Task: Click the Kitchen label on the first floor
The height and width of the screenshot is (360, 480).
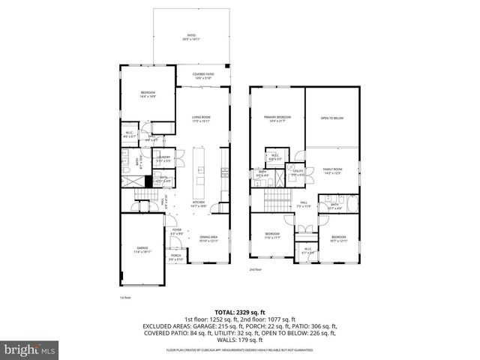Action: (x=199, y=203)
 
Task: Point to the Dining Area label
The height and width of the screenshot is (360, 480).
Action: (x=208, y=238)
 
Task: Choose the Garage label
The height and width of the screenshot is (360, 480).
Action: (x=142, y=250)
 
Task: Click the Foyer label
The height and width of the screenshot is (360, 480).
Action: (x=176, y=232)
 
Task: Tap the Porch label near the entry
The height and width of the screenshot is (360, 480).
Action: (x=175, y=257)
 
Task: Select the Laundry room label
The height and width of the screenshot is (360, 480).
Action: (x=163, y=160)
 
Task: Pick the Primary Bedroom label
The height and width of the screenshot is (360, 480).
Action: (x=277, y=119)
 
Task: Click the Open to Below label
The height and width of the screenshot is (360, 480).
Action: (x=331, y=118)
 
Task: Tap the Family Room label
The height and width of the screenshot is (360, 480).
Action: (x=332, y=171)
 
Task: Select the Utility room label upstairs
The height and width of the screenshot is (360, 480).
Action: (x=298, y=172)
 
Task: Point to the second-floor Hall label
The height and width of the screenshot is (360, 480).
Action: (x=304, y=204)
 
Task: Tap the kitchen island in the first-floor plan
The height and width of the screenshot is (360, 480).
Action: (x=200, y=169)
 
